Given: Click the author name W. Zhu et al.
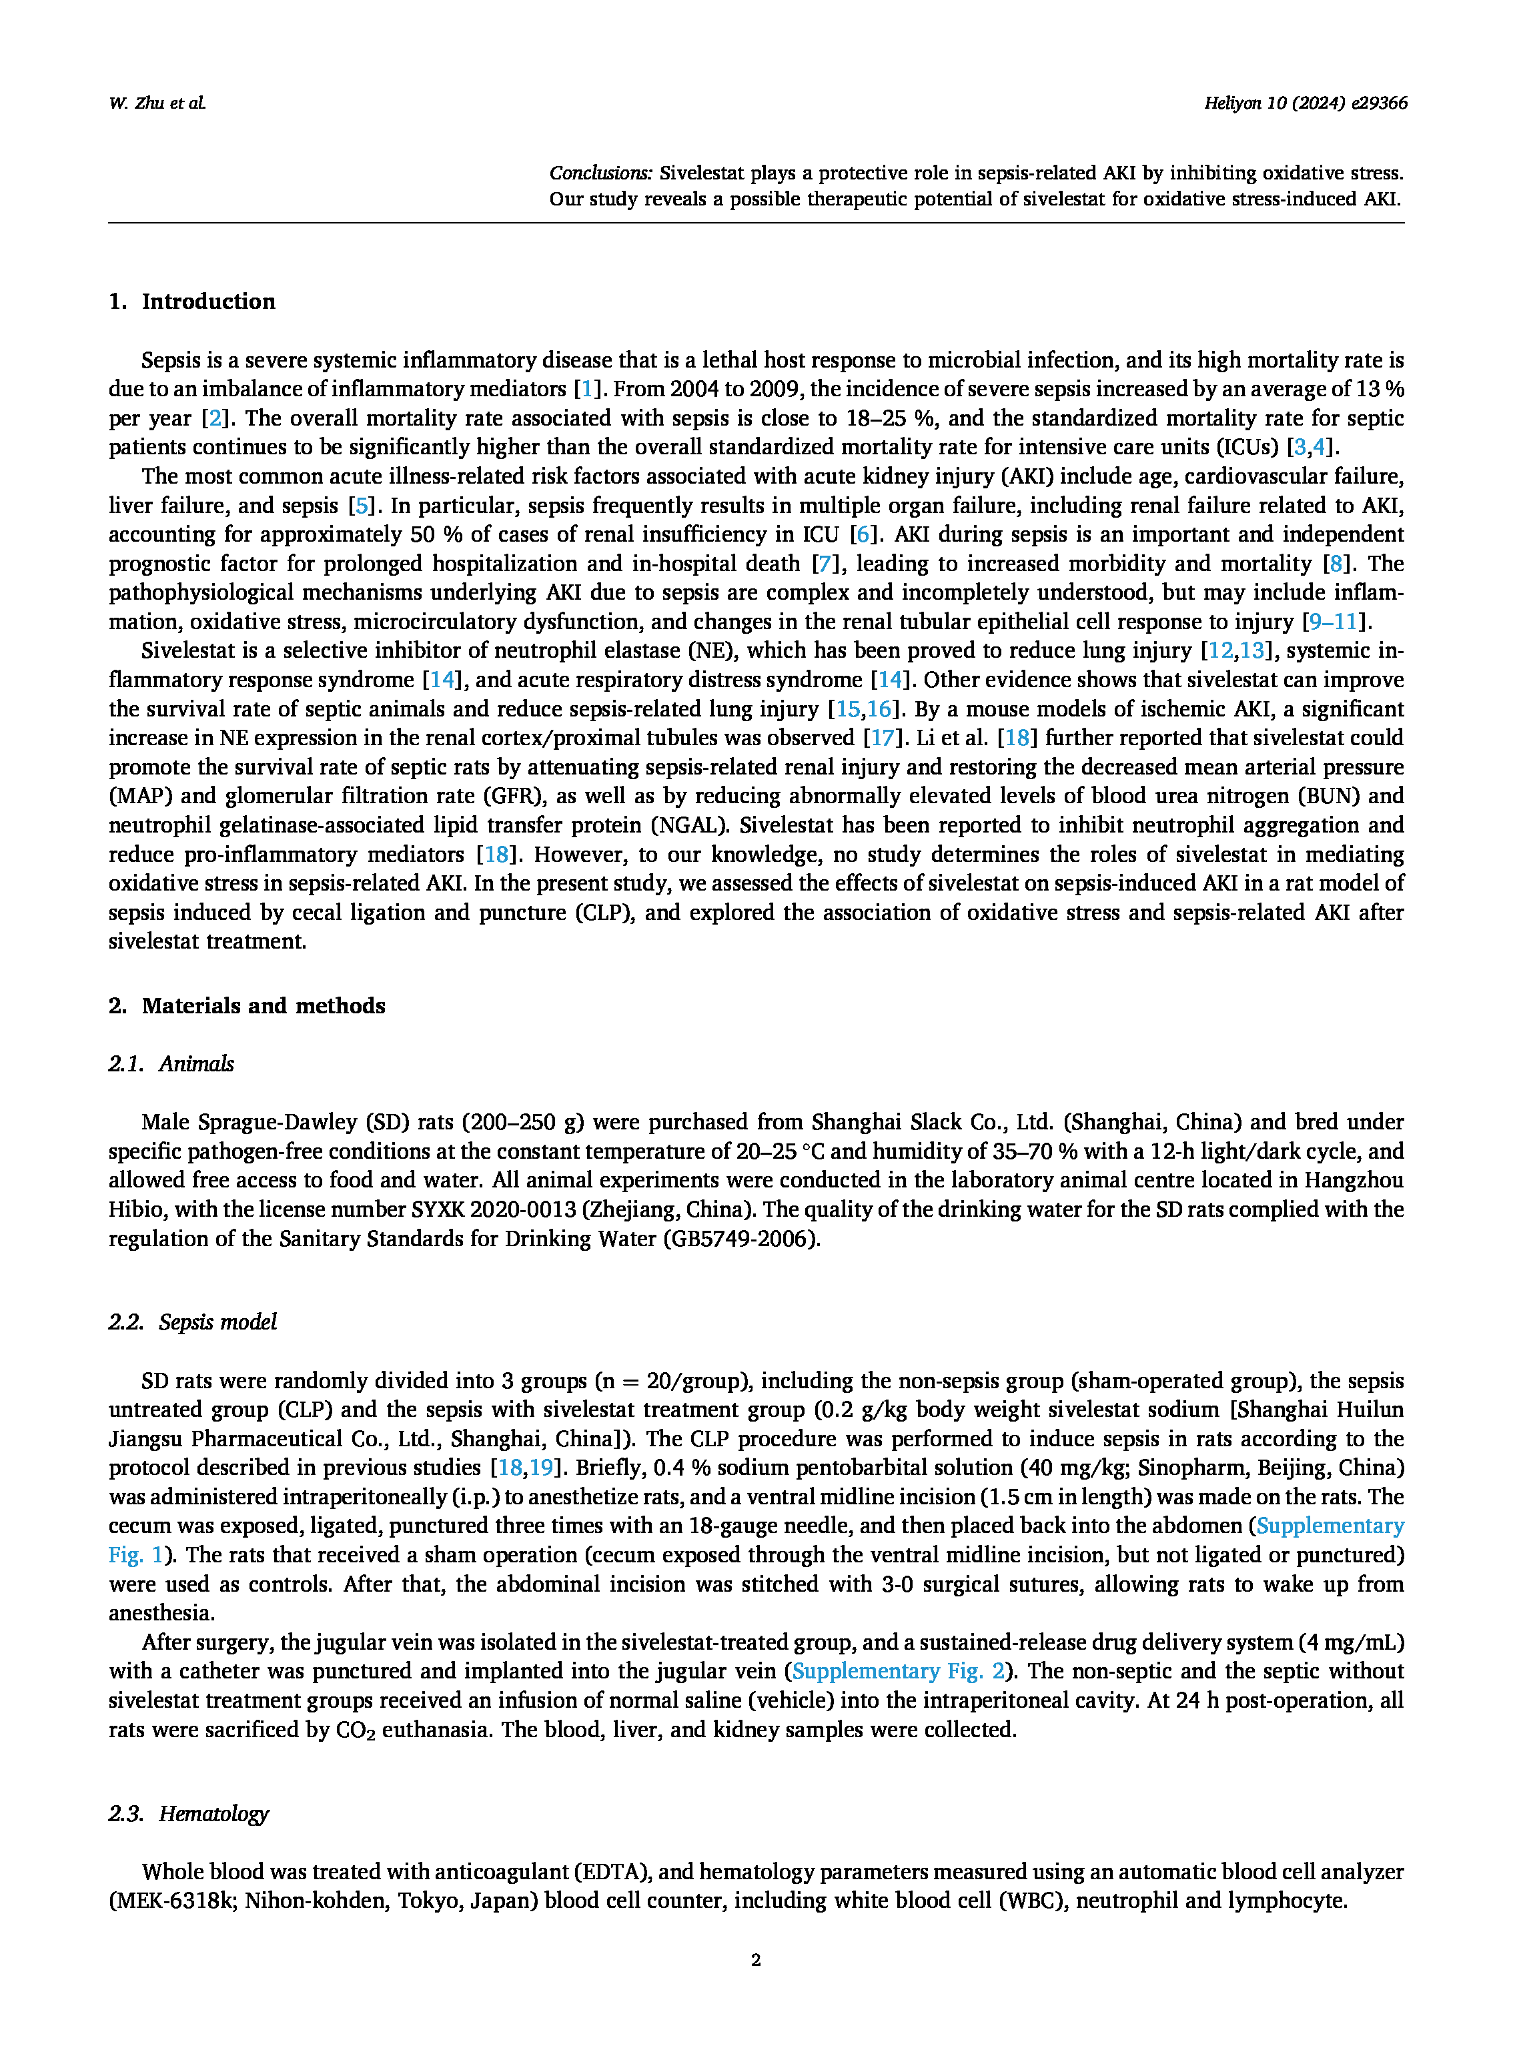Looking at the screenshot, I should (x=157, y=103).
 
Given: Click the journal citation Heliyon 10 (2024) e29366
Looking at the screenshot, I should (x=1305, y=103).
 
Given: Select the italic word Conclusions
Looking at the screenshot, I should (x=600, y=173).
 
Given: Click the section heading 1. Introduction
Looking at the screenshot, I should (x=192, y=302).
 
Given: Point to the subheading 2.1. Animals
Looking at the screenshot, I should (x=171, y=1063).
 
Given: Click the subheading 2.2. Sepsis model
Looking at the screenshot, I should (x=192, y=1322).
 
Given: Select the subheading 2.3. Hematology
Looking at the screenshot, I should (x=189, y=1813).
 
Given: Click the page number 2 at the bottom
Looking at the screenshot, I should (x=756, y=1960).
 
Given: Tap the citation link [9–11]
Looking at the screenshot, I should (x=1336, y=622).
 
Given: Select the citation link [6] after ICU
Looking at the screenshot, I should (x=863, y=535).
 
